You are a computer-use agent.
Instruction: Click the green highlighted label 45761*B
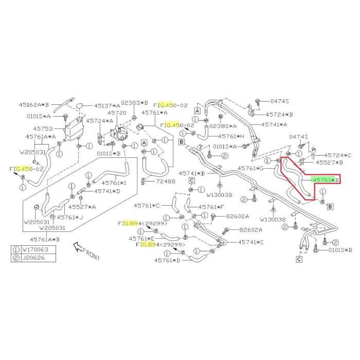(x=326, y=180)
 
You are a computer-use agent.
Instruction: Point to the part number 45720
(x=117, y=113)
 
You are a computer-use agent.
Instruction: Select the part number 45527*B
(x=329, y=162)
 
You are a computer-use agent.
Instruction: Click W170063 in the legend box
(x=37, y=249)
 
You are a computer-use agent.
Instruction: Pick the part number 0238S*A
(x=224, y=125)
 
